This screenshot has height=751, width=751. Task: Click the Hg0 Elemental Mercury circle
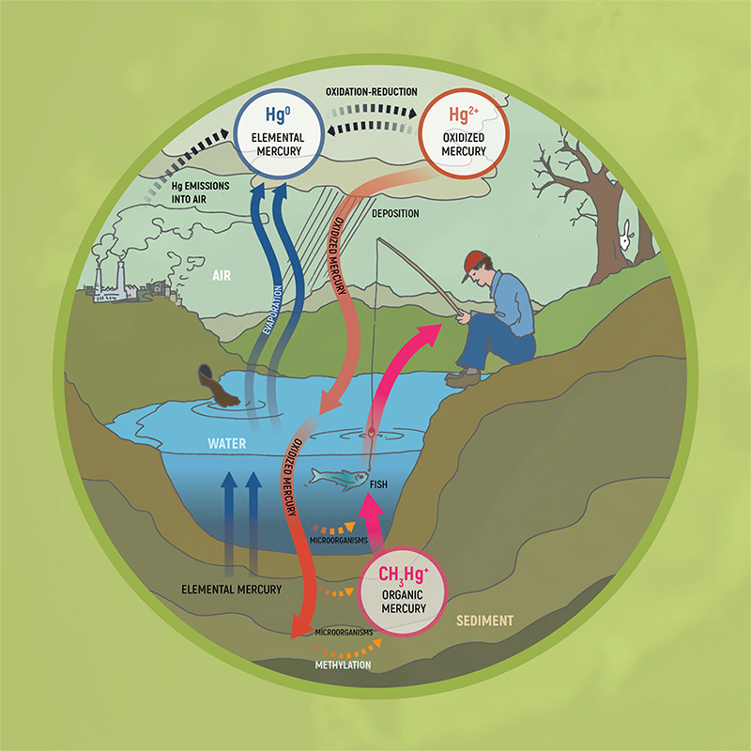point(274,136)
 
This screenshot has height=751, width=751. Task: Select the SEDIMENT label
point(483,621)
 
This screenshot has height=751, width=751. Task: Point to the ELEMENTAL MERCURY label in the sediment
point(231,590)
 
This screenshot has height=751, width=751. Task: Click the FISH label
point(378,485)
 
